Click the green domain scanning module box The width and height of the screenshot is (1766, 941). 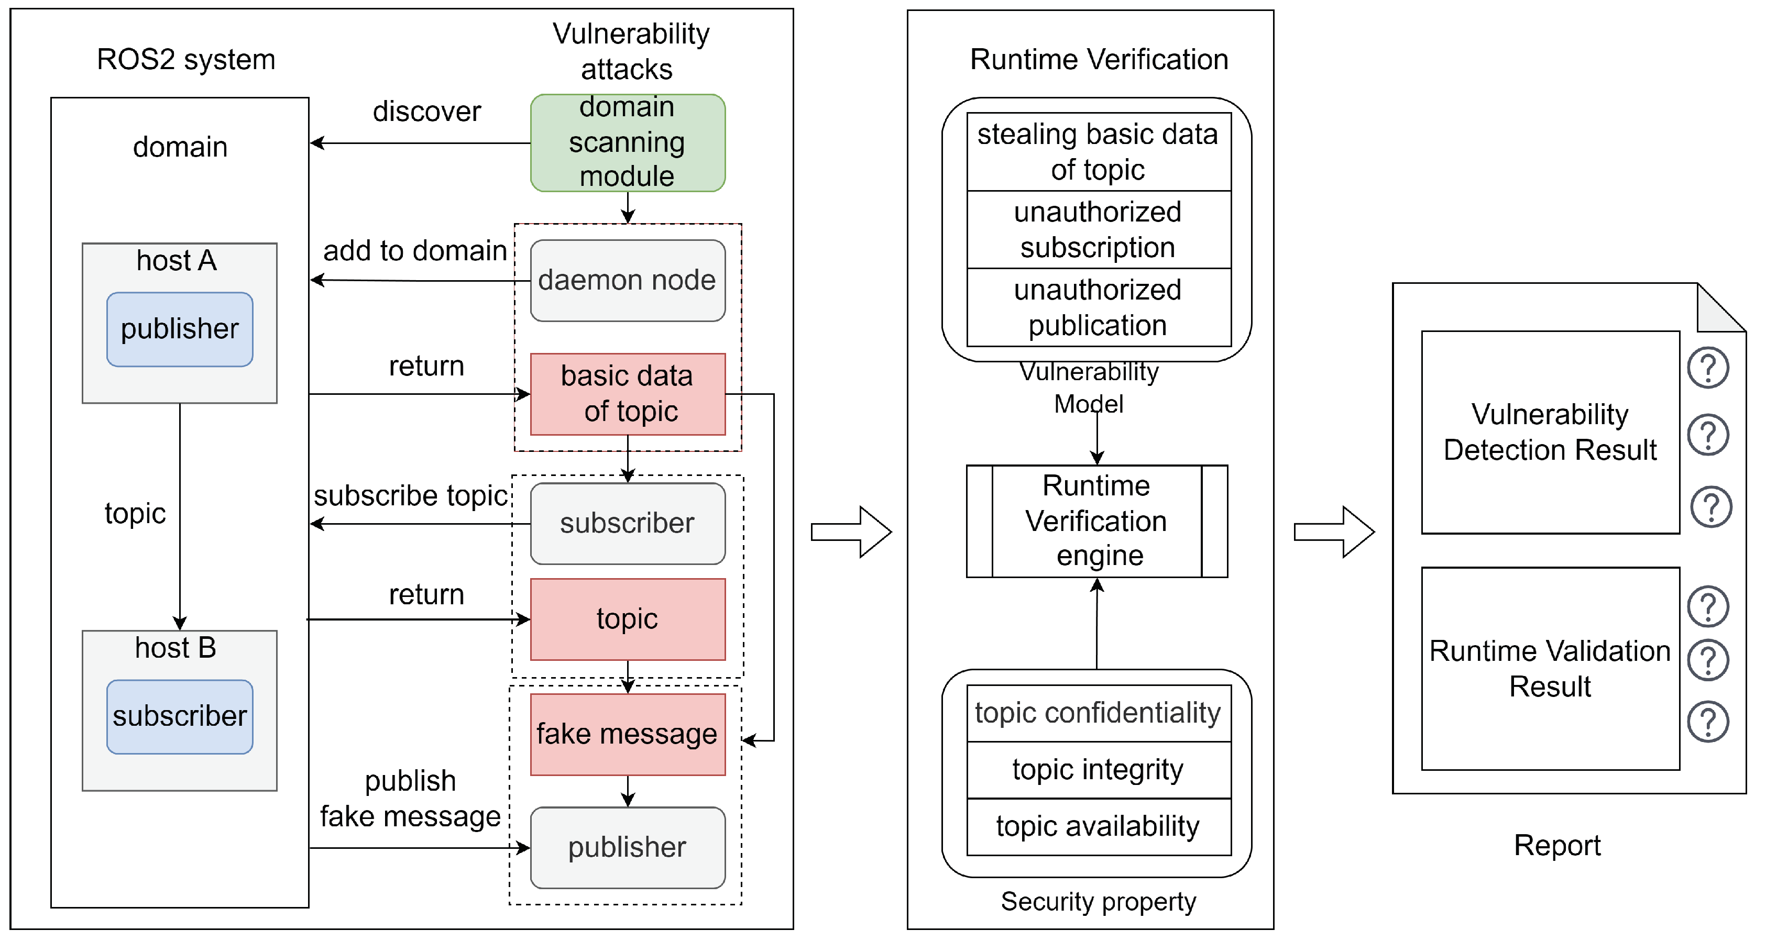pyautogui.click(x=627, y=142)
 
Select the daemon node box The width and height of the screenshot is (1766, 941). pyautogui.click(x=627, y=280)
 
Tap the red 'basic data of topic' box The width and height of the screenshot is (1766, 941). pyautogui.click(x=627, y=394)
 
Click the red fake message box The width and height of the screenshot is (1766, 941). pyautogui.click(x=627, y=734)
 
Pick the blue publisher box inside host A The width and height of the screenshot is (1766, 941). pyautogui.click(x=180, y=329)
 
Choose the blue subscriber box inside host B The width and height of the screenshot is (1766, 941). pyautogui.click(x=180, y=716)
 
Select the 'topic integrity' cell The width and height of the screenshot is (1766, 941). pyautogui.click(x=1098, y=770)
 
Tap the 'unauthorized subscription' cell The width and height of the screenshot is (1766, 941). pyautogui.click(x=1098, y=229)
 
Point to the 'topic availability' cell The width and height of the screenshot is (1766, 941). pyautogui.click(x=1098, y=826)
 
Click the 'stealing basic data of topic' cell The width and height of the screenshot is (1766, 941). pyautogui.click(x=1098, y=151)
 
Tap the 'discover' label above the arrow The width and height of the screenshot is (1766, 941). pyautogui.click(x=426, y=112)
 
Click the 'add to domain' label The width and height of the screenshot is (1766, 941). pyautogui.click(x=415, y=251)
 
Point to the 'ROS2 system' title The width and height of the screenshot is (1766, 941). pyautogui.click(x=186, y=60)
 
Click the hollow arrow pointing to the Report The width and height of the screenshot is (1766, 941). pyautogui.click(x=1333, y=532)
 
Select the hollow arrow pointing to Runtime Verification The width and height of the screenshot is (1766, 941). pyautogui.click(x=851, y=532)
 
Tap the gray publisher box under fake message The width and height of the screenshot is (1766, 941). pyautogui.click(x=627, y=848)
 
